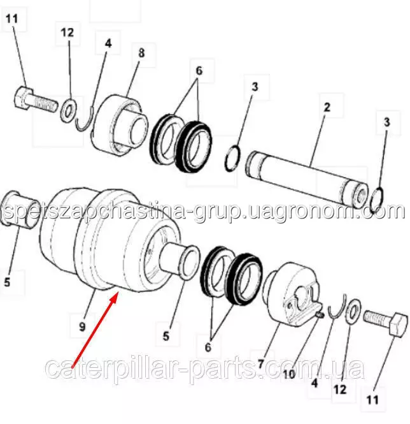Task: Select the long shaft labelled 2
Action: click(x=307, y=179)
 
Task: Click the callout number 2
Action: click(x=327, y=107)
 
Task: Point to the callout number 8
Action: click(x=141, y=53)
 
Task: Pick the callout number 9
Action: click(x=82, y=327)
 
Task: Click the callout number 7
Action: click(x=260, y=364)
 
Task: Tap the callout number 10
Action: click(x=289, y=374)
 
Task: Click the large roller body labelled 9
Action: click(x=108, y=240)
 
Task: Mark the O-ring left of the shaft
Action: click(x=232, y=158)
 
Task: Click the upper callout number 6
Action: click(x=199, y=71)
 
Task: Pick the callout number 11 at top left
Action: click(x=12, y=18)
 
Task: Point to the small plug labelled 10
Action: click(x=320, y=315)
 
